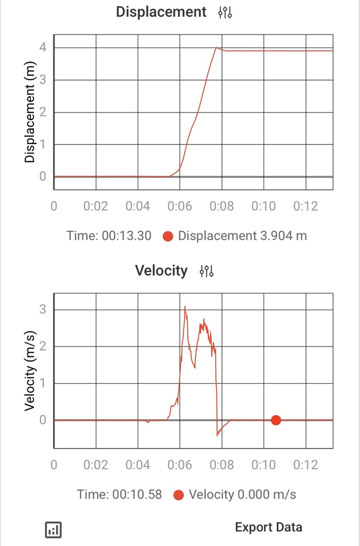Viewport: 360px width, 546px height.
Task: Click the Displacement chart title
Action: pyautogui.click(x=161, y=12)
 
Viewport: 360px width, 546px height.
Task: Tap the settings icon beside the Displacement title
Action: pyautogui.click(x=225, y=12)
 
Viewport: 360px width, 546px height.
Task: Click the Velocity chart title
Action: pyautogui.click(x=161, y=270)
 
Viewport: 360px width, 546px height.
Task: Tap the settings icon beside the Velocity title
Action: pyautogui.click(x=207, y=271)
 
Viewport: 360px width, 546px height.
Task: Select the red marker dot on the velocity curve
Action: pyautogui.click(x=276, y=420)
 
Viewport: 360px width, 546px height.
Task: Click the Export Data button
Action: pyautogui.click(x=268, y=527)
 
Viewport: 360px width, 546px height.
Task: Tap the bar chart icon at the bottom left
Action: pyautogui.click(x=53, y=529)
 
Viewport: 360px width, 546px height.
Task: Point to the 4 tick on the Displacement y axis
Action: pyautogui.click(x=43, y=47)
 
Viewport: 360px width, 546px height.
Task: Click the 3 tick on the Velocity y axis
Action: pyautogui.click(x=43, y=309)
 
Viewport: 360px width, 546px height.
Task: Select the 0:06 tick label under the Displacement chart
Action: pyautogui.click(x=180, y=206)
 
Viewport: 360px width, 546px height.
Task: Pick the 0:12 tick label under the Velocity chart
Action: pyautogui.click(x=306, y=465)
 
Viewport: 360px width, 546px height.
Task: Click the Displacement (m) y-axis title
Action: pyautogui.click(x=30, y=117)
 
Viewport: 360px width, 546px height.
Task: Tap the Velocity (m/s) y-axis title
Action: pyautogui.click(x=30, y=371)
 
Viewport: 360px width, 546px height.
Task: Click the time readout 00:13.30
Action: pyautogui.click(x=109, y=236)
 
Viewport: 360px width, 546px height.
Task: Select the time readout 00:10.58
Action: pyautogui.click(x=119, y=494)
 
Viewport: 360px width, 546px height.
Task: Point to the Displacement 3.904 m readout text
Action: pyautogui.click(x=242, y=236)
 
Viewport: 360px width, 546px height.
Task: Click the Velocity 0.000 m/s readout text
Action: pyautogui.click(x=242, y=494)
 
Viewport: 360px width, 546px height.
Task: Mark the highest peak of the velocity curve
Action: pyautogui.click(x=185, y=307)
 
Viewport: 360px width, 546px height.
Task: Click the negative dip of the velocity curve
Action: pyautogui.click(x=218, y=435)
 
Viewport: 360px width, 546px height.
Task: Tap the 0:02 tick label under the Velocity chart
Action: pyautogui.click(x=95, y=465)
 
